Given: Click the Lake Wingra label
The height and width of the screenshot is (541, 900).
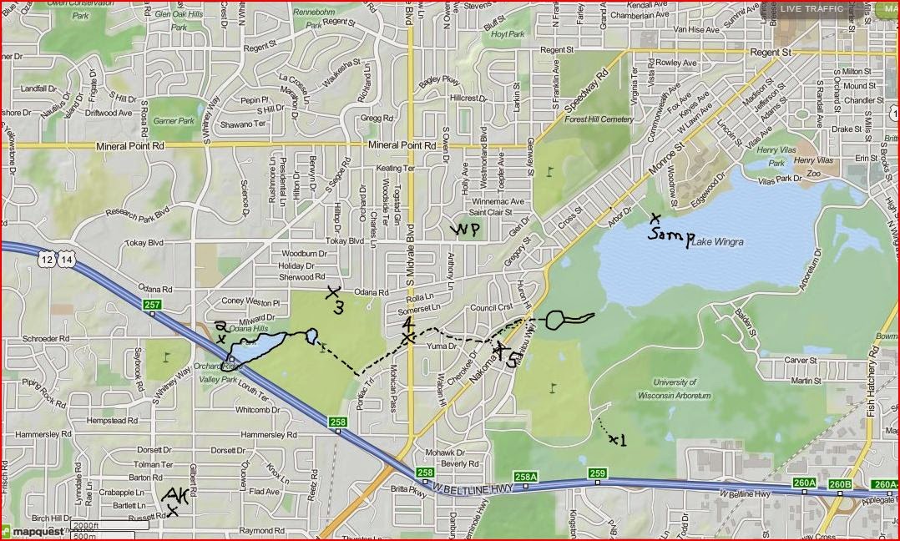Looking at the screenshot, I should click(x=718, y=242).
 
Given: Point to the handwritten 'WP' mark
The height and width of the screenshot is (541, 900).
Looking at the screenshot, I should click(x=466, y=230).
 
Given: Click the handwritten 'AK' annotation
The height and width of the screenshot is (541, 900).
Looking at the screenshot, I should click(x=176, y=499).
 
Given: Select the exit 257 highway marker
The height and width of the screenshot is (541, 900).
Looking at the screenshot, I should click(x=151, y=306).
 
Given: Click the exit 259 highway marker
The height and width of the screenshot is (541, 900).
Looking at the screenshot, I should click(x=597, y=474).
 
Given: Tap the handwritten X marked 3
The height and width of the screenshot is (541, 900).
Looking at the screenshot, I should click(x=335, y=300).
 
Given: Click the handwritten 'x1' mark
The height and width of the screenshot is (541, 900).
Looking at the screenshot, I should click(x=617, y=439).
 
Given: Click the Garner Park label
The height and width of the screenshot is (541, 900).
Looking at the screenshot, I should click(x=173, y=121).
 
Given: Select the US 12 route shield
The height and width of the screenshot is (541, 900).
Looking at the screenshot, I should click(x=47, y=261).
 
